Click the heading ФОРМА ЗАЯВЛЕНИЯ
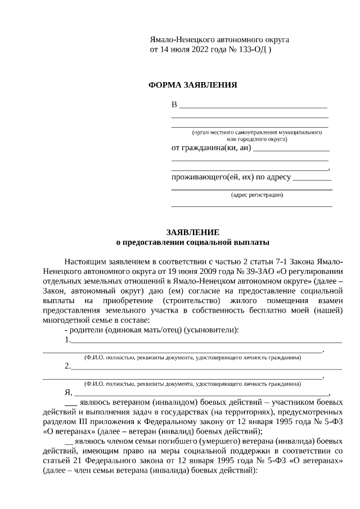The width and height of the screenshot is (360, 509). (x=192, y=85)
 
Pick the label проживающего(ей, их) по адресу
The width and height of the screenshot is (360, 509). (x=231, y=177)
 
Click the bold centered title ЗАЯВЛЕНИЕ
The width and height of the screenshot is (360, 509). (x=192, y=232)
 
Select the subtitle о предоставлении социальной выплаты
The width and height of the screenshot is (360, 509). (x=192, y=242)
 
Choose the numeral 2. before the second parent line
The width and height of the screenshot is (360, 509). (x=67, y=366)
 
